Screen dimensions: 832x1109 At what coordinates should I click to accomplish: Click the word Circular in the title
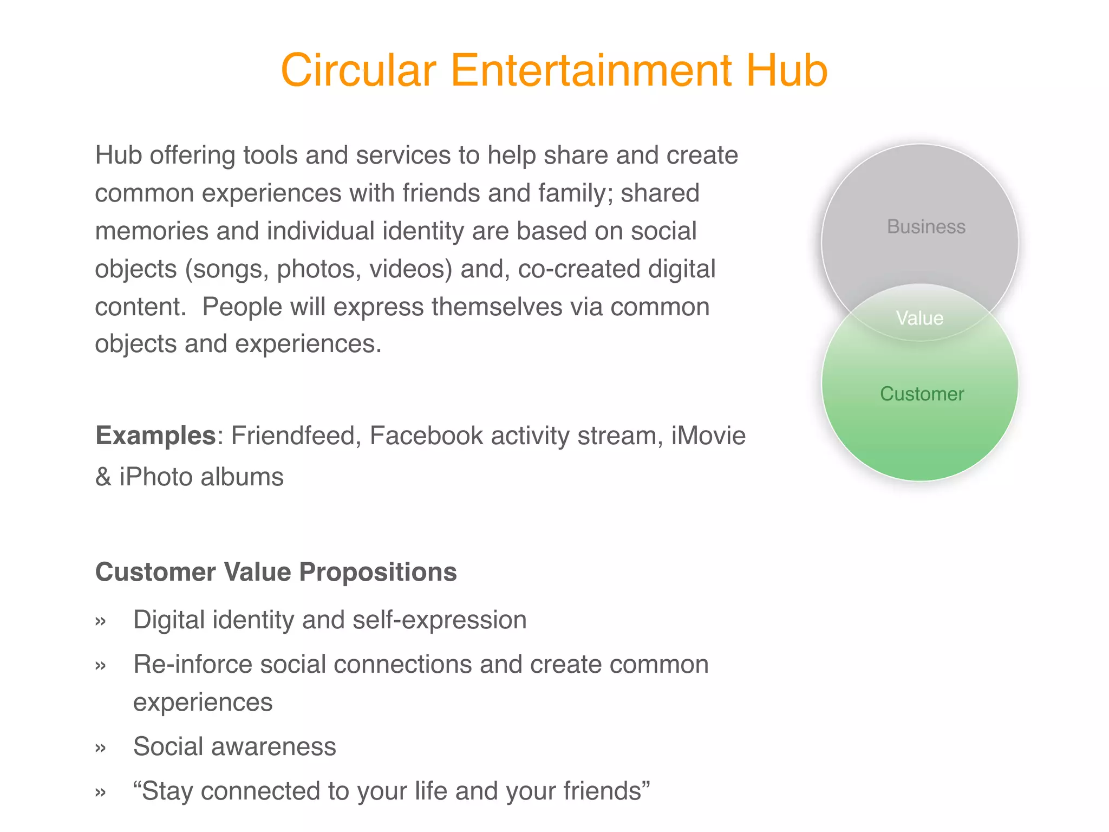[358, 70]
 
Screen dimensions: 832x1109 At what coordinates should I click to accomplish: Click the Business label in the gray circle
[926, 226]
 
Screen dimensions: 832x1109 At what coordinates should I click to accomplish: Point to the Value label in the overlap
[919, 318]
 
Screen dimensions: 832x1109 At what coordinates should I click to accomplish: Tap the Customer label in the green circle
[922, 394]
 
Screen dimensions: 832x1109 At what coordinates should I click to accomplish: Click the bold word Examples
[155, 435]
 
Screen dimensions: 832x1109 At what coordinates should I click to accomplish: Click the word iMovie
[708, 435]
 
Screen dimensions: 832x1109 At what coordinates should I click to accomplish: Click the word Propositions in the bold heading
[378, 572]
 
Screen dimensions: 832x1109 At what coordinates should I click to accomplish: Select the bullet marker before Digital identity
[100, 621]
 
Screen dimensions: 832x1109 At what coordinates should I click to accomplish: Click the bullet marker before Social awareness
[100, 748]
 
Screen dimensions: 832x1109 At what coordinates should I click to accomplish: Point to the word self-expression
[439, 620]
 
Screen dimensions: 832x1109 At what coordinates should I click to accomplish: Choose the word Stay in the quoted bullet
[167, 791]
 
